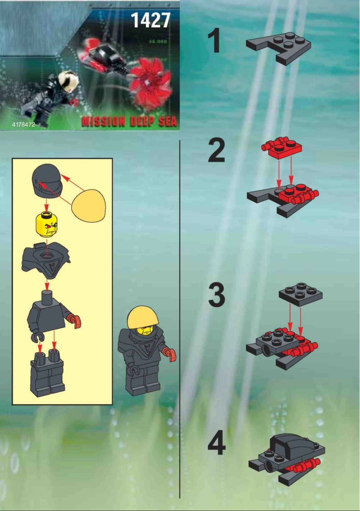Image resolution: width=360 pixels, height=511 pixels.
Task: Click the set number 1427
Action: [x=150, y=20]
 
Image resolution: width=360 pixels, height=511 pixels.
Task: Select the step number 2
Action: [x=217, y=151]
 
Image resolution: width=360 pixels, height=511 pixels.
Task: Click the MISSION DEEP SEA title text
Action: [x=129, y=121]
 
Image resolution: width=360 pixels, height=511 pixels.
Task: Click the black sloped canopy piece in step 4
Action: [x=290, y=444]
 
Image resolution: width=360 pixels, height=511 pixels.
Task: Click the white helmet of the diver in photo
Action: [x=68, y=82]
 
